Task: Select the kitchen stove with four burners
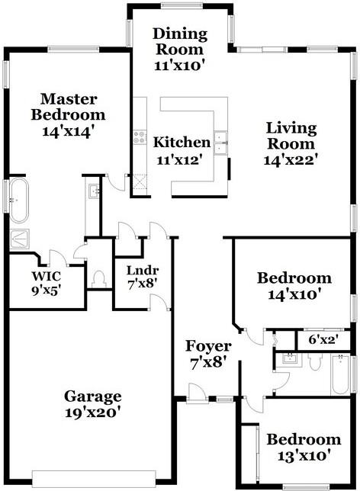[x=140, y=137]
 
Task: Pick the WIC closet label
[x=46, y=275]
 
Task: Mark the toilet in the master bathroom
[x=98, y=279]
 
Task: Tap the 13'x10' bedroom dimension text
[x=303, y=457]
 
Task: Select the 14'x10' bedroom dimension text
[x=294, y=294]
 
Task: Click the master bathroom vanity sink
[x=93, y=191]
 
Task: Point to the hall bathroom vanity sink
[x=288, y=358]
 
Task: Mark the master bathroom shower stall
[x=19, y=239]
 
